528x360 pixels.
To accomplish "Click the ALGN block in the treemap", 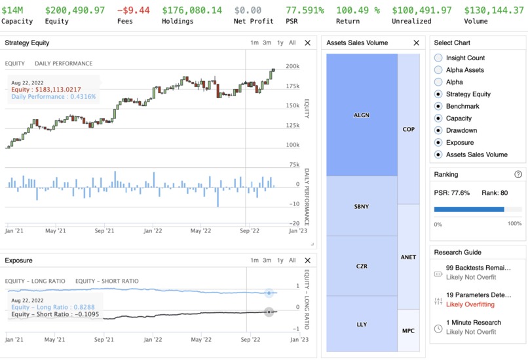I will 362,115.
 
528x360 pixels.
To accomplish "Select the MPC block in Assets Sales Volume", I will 408,331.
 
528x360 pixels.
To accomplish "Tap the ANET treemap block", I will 408,257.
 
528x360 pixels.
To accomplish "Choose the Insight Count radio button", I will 438,58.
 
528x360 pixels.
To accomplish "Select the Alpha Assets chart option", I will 438,70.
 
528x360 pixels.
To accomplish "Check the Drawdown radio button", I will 438,130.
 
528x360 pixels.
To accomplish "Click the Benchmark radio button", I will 438,106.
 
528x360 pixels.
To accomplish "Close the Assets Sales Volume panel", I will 417,43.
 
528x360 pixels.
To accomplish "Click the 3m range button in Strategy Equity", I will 267,43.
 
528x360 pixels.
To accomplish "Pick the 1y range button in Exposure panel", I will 280,260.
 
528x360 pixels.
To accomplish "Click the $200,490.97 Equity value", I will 75,10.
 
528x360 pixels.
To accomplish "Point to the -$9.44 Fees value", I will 133,10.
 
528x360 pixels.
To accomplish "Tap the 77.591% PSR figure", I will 305,10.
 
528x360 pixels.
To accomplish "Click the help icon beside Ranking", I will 518,175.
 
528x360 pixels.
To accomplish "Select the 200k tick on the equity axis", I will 293,66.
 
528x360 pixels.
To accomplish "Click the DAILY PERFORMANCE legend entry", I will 64,63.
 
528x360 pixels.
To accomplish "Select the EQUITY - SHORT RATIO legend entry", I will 107,281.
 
